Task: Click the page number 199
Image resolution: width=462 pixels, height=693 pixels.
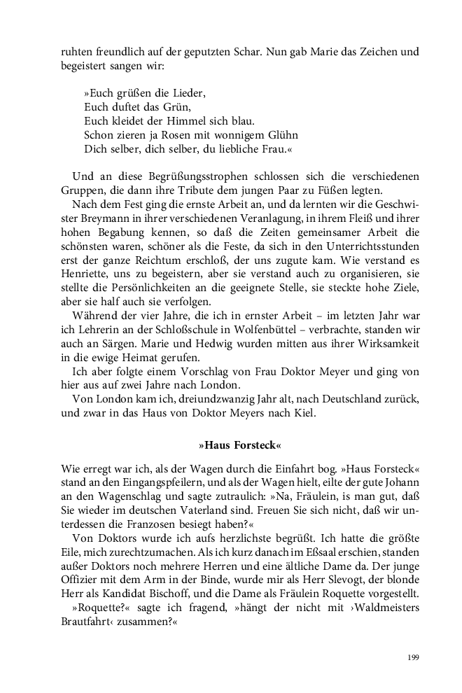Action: (x=412, y=657)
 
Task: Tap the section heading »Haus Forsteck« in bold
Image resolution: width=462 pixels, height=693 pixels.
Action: (x=240, y=445)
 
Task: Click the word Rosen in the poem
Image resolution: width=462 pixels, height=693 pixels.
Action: (x=171, y=134)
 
